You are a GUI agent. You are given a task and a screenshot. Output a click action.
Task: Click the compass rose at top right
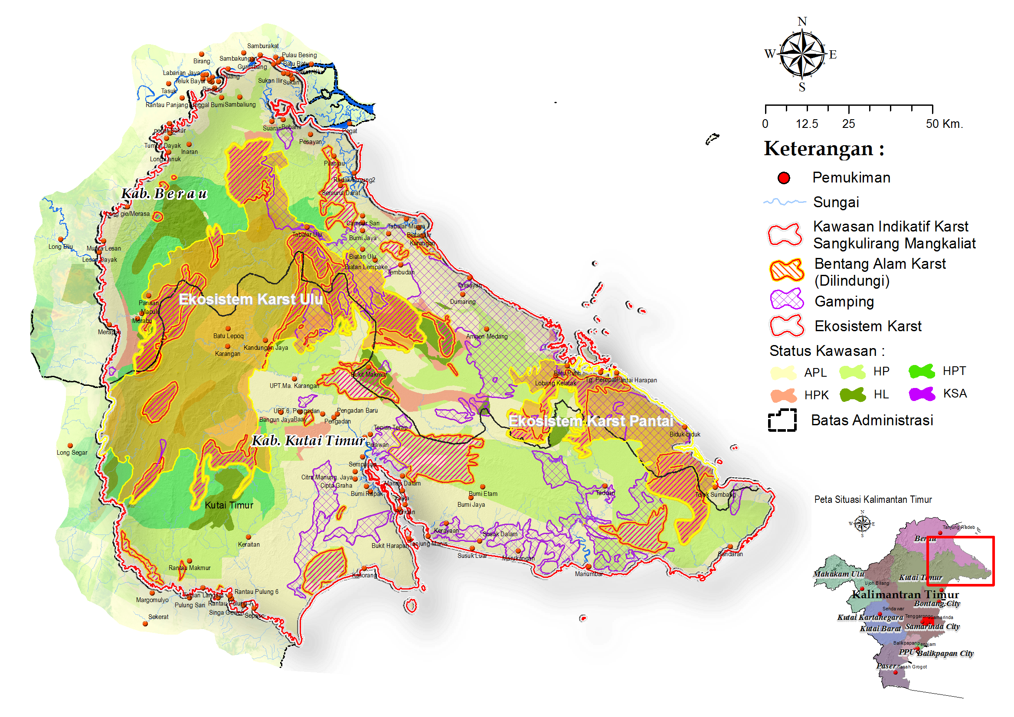point(801,54)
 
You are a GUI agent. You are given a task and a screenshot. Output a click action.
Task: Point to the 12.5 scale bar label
point(807,124)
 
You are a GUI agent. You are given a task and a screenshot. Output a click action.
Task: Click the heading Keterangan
point(824,149)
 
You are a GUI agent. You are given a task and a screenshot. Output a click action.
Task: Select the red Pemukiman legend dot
point(784,178)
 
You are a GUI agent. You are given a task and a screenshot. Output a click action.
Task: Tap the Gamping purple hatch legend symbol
point(787,300)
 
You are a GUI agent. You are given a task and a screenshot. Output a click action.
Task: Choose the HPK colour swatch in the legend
point(783,395)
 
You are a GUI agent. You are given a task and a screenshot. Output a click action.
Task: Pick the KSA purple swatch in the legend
point(922,394)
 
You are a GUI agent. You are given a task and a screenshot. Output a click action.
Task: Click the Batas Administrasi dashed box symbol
point(782,420)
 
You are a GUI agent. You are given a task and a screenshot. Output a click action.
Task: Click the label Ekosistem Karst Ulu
point(250,300)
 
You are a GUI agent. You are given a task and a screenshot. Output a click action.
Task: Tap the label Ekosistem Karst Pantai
point(590,421)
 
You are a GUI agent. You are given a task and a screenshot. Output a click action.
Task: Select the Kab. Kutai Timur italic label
point(308,440)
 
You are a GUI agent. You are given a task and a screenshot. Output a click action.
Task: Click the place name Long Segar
point(72,453)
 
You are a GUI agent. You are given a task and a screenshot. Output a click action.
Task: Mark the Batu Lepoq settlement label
point(228,336)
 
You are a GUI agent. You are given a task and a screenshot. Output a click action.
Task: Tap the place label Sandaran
point(730,554)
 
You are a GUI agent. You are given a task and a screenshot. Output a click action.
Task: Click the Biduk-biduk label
point(684,434)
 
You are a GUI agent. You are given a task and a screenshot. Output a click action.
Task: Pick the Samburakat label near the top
point(263,46)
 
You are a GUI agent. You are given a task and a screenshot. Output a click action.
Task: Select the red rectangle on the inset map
point(960,561)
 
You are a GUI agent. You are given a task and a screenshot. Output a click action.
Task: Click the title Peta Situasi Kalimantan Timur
point(873,499)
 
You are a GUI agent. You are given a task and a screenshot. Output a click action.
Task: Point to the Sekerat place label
point(158,617)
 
